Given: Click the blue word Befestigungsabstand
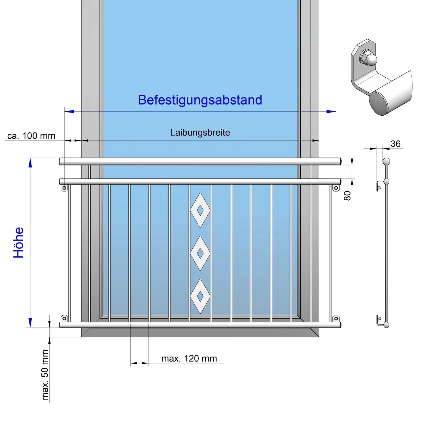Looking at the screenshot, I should (200, 100).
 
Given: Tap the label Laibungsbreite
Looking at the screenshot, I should (200, 133).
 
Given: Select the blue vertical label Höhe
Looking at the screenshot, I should (19, 243).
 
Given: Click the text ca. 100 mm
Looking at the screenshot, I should (31, 136).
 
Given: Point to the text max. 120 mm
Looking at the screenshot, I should (189, 358).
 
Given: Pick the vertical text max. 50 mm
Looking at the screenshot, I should (45, 375).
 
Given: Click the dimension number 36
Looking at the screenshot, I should (396, 144).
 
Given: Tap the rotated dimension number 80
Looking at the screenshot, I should (347, 195).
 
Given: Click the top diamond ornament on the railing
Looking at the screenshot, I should (200, 210).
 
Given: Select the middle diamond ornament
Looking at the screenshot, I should (200, 253).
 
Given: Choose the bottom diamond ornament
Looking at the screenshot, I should (200, 296).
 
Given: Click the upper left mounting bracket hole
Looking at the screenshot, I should (64, 188).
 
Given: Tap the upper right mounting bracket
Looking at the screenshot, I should (336, 188).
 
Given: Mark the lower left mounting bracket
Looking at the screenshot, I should (64, 318).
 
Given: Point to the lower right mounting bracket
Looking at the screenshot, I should (336, 318).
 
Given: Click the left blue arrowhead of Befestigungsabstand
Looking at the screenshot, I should (69, 112).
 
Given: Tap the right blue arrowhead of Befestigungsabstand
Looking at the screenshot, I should (331, 112).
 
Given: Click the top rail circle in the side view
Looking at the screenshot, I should (386, 162).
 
